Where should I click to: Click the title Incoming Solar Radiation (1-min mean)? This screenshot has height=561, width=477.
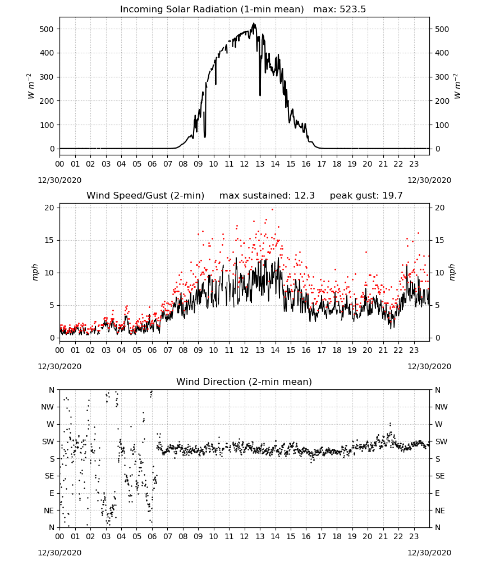coord(212,10)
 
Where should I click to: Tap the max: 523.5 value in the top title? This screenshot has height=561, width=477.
coord(340,10)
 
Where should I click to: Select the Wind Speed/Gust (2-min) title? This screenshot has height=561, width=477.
coord(145,196)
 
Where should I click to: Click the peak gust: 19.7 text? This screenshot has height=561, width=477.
coord(366,196)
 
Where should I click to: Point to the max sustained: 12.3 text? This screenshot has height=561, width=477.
coord(267,196)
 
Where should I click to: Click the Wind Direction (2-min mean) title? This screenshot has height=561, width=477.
coord(244,381)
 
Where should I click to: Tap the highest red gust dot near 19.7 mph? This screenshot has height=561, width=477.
coord(272,209)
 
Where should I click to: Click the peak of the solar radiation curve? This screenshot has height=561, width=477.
coord(254,23)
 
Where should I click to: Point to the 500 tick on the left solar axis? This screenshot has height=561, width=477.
coord(47,29)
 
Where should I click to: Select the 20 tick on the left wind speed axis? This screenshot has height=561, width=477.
coord(50,208)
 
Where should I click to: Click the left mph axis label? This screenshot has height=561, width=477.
coord(35,273)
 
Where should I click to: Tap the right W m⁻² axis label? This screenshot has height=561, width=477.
coord(457,86)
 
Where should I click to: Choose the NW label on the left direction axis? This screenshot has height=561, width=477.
coord(48,407)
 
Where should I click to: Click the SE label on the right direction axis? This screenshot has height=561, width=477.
coord(440,476)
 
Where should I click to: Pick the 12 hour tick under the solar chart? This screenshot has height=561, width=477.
coord(245,164)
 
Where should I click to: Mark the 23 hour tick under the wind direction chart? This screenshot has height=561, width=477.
coord(414,537)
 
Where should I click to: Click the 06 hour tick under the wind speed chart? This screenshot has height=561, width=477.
coord(152,350)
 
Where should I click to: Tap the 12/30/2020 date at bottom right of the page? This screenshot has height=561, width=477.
coord(429,553)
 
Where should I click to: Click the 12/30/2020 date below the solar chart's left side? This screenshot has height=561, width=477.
coord(59,180)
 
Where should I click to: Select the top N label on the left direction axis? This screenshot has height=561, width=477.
coord(52,390)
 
